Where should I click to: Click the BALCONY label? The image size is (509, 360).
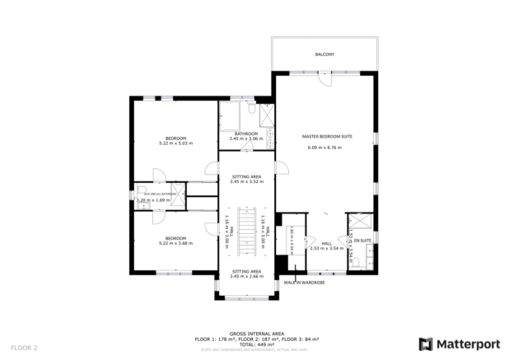[x=324, y=54]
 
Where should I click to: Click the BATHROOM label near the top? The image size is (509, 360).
[x=245, y=133]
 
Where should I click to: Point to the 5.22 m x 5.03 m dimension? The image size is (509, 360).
[x=175, y=143]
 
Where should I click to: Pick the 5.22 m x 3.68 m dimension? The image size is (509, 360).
[x=175, y=241]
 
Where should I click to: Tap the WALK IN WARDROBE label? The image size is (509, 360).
[x=304, y=282]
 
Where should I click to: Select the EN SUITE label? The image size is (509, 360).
[x=362, y=240]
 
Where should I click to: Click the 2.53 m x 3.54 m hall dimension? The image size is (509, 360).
[x=326, y=247]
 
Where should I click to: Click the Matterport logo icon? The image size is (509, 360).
[x=426, y=344]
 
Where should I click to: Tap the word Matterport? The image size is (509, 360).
[x=467, y=344]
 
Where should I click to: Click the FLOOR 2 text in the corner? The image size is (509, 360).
[x=24, y=348]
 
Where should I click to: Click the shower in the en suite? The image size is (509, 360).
[x=359, y=223]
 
